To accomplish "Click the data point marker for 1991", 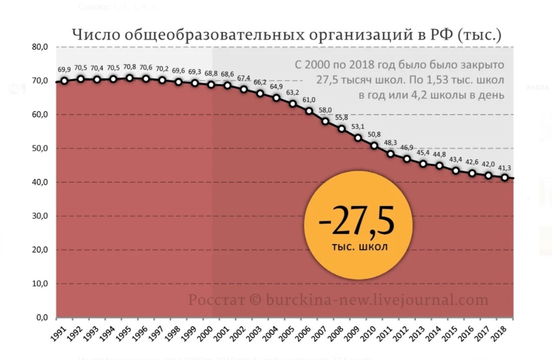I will (x=65, y=81).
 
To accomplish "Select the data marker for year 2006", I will (x=309, y=111).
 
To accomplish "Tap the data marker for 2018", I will (x=505, y=177).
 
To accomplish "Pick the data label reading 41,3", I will (x=505, y=167).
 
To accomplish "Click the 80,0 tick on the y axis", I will (x=40, y=47).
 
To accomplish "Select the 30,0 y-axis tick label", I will (x=40, y=216).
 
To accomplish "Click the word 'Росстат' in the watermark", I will (x=217, y=300).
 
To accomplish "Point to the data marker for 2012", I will (x=407, y=159).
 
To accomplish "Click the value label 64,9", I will (x=277, y=87).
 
